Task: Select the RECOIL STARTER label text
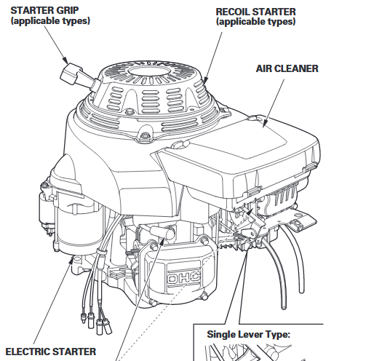pos(255,12)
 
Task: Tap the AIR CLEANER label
pos(287,68)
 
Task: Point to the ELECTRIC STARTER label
pos(50,352)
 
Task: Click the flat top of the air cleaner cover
pos(240,142)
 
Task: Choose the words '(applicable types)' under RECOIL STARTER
pos(255,23)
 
